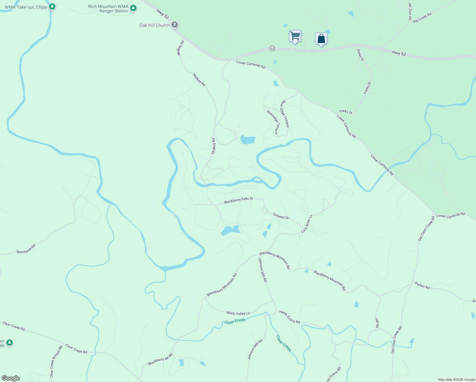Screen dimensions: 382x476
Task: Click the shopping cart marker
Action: point(295,36)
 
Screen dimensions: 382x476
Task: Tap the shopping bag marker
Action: point(321,39)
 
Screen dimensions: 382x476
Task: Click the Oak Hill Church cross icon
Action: point(174,25)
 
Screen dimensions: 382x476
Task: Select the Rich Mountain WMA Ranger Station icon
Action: point(133,8)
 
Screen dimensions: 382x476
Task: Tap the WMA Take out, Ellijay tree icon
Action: point(52,6)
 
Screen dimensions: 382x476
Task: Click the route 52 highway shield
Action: point(272,48)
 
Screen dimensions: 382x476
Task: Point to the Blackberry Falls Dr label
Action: point(239,200)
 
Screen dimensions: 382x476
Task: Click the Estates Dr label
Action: point(281,216)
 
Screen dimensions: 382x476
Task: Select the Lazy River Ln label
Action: point(307,223)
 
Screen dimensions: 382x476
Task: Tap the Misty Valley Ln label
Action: point(238,313)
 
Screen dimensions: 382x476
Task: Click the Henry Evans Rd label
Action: point(290,317)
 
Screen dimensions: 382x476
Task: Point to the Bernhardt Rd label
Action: point(26,249)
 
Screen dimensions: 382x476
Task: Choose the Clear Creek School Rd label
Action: point(56,362)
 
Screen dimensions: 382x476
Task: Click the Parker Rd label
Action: point(422,285)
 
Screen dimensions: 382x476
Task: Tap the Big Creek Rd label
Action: point(422,18)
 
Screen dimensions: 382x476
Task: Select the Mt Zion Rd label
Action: point(410,12)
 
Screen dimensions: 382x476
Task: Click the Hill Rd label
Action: point(377,323)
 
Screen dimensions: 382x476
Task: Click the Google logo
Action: point(11,378)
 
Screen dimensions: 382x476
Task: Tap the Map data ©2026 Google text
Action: point(456,379)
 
